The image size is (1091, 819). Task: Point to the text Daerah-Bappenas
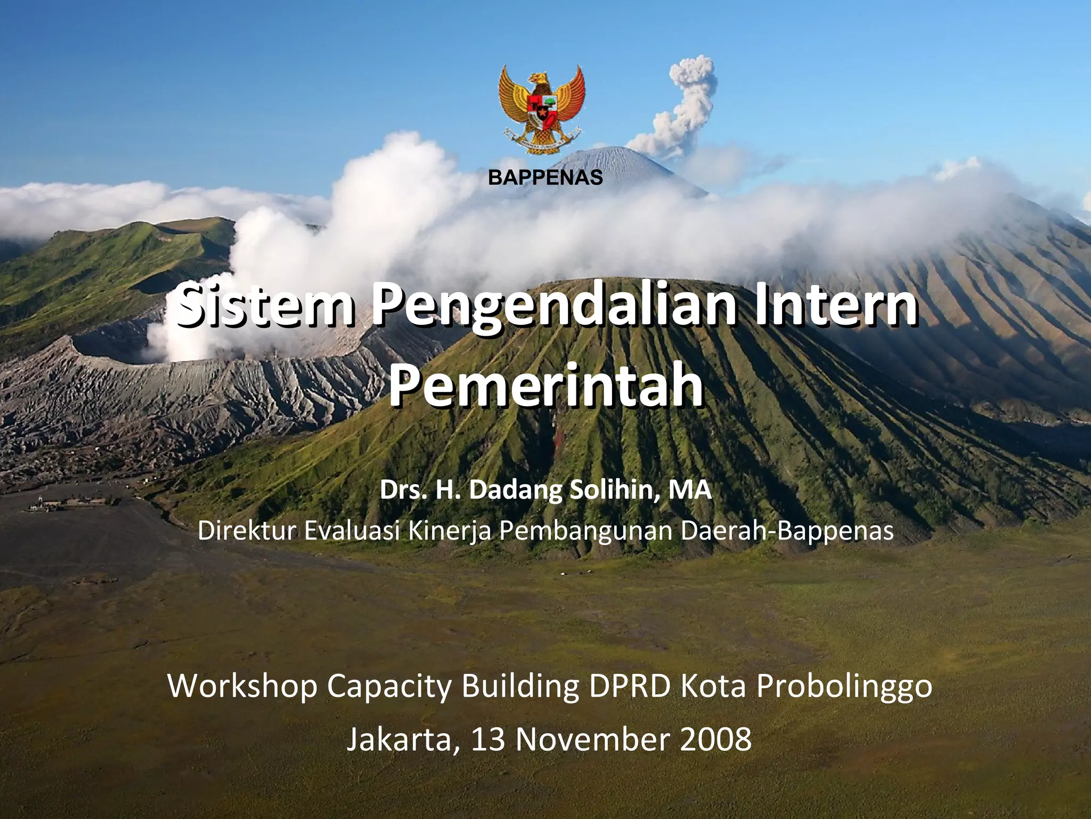tap(787, 532)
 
